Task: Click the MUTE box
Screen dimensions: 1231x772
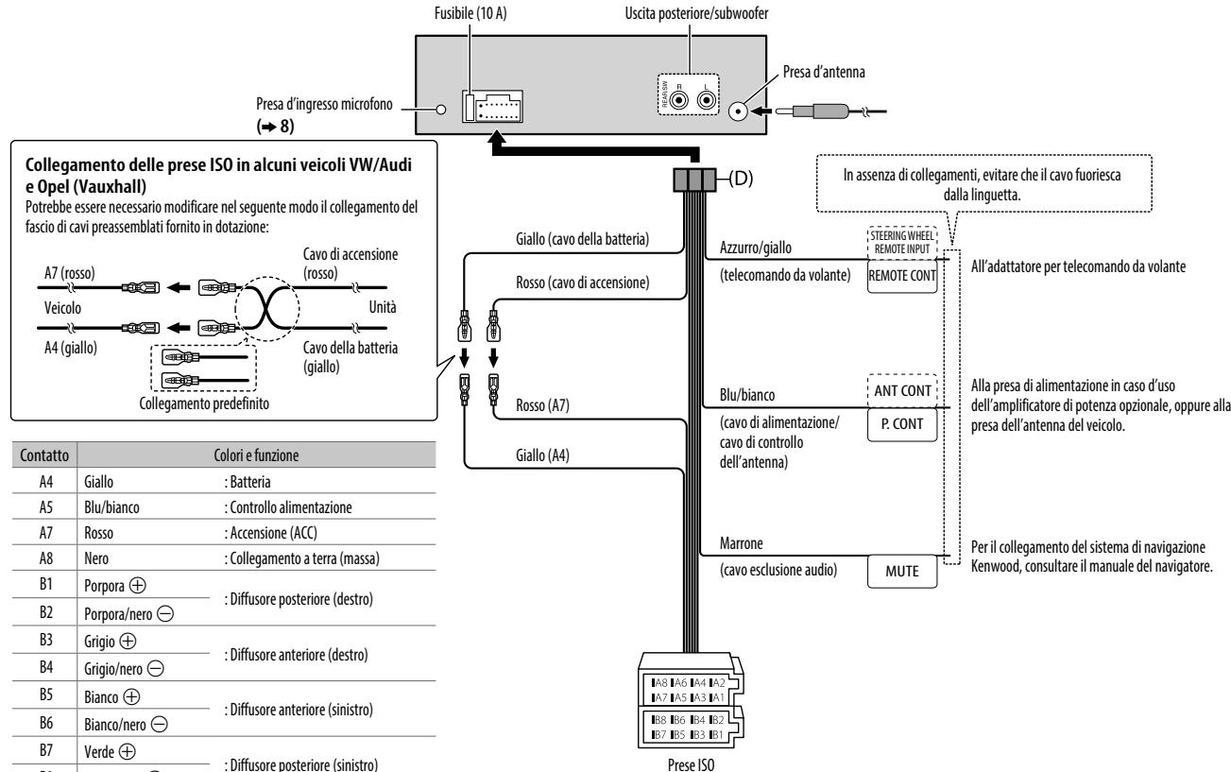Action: [902, 572]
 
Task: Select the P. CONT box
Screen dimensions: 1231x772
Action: [902, 424]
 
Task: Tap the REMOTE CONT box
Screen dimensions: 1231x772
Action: [902, 276]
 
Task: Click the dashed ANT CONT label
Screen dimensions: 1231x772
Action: [902, 390]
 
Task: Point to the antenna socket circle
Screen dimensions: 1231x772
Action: [738, 112]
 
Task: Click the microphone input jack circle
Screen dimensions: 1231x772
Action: [441, 110]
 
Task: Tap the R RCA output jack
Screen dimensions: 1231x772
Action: [680, 100]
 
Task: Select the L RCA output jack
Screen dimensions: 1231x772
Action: [706, 100]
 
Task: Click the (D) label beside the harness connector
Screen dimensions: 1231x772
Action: [741, 178]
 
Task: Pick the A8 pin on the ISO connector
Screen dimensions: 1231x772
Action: [658, 683]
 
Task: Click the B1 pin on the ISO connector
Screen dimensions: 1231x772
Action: [716, 734]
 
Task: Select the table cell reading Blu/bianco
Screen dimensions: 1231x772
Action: [111, 507]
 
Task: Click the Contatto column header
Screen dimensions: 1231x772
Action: [44, 455]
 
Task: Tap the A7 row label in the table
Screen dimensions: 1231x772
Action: [46, 532]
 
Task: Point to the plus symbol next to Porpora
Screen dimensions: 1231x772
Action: [137, 585]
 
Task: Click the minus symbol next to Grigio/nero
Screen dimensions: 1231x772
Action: [156, 669]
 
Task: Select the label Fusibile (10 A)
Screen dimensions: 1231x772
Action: [470, 13]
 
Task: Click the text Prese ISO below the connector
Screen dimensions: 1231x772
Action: [691, 764]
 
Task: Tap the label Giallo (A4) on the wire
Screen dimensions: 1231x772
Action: [542, 455]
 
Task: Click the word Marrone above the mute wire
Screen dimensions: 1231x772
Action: [742, 543]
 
